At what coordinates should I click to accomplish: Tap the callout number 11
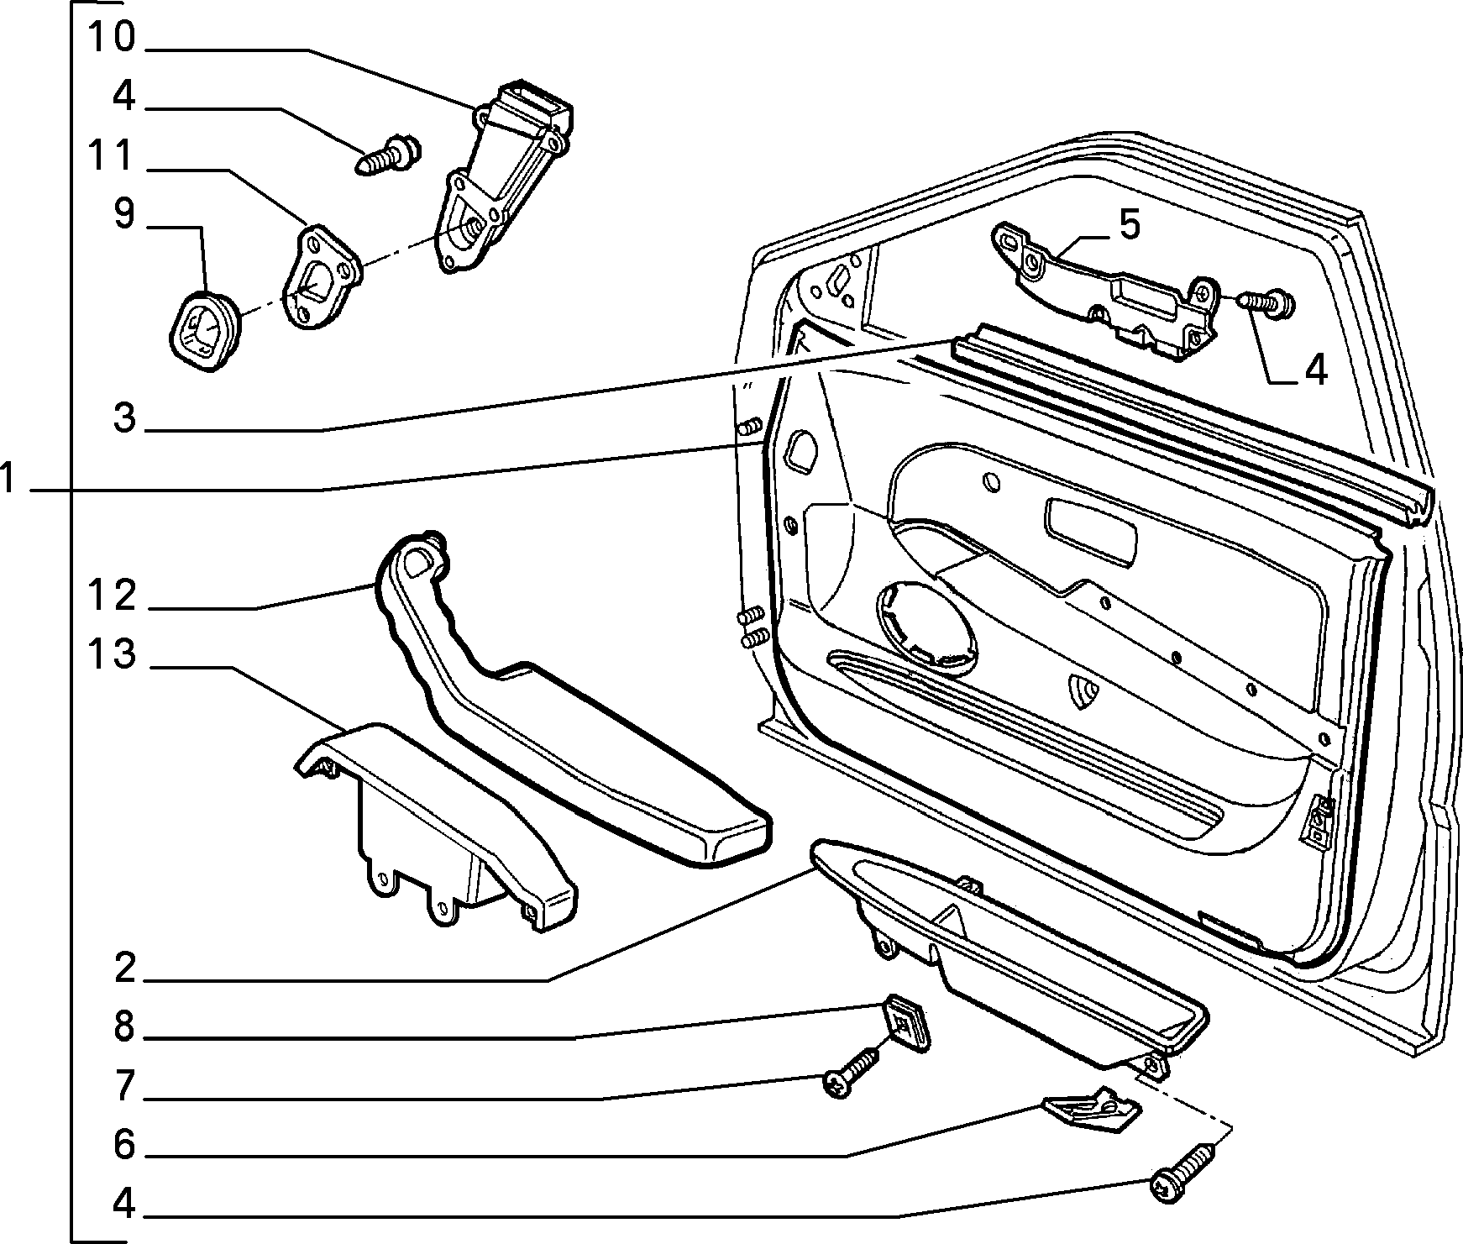pos(111,156)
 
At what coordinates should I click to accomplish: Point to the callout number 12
pos(111,596)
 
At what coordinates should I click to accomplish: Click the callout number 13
pos(111,654)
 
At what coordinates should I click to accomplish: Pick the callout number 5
pos(1129,225)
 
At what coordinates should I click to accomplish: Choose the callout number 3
pos(123,417)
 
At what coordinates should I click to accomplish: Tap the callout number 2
pos(123,968)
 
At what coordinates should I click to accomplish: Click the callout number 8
pos(123,1026)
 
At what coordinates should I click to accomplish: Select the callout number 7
pos(123,1086)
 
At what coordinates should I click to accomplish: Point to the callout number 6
pos(123,1145)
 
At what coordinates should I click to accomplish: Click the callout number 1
pos(8,480)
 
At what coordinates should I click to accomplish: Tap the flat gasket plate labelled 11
pos(322,278)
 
